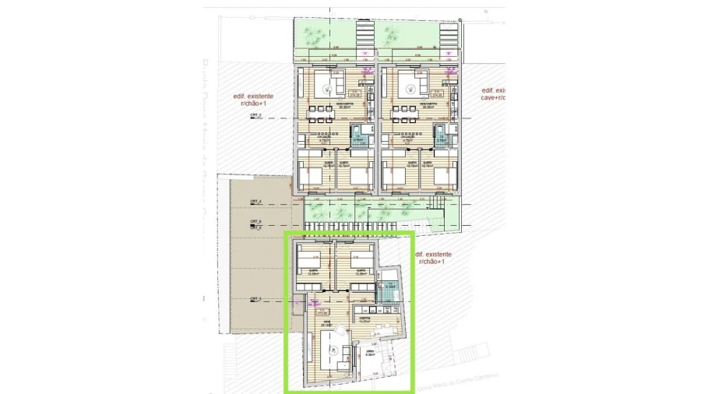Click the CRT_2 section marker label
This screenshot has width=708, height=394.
pyautogui.click(x=255, y=114)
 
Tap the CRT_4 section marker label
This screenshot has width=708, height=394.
pyautogui.click(x=255, y=202)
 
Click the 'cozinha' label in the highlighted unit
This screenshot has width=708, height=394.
pyautogui.click(x=363, y=318)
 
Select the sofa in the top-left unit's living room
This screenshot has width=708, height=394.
pyautogui.click(x=333, y=83)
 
